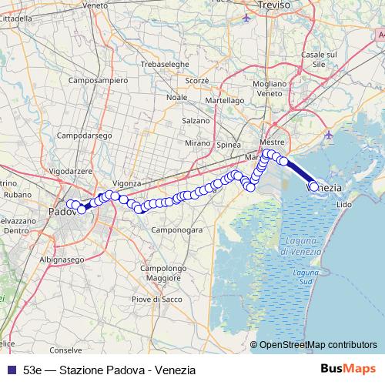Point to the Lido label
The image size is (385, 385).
(x=344, y=205)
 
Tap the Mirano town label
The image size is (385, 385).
(x=198, y=143)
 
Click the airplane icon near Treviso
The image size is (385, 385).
(x=246, y=17)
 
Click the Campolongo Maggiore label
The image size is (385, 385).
(x=164, y=273)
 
